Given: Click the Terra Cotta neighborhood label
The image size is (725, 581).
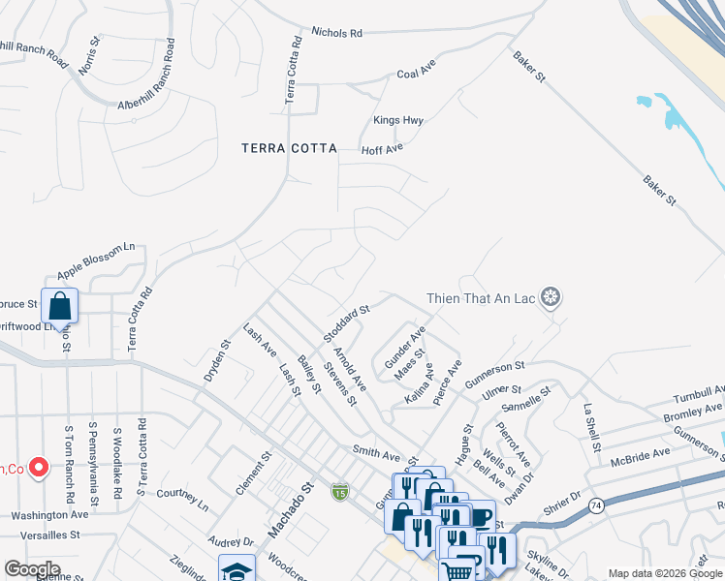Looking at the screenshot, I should [289, 148].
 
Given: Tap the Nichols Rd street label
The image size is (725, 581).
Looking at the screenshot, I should [336, 32].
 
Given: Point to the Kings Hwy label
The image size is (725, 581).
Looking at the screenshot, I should [398, 121].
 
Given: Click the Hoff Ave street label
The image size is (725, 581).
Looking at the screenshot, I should [382, 150].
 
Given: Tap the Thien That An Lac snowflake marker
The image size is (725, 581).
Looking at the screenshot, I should [551, 297].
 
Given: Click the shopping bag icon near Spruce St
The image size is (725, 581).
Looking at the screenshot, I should [60, 306].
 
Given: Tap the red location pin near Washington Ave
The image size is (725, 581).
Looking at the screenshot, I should [39, 468].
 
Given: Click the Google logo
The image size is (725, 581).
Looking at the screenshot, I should [32, 568].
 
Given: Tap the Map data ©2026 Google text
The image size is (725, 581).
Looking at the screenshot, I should [663, 573].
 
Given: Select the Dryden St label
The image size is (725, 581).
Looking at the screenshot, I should [216, 357].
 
